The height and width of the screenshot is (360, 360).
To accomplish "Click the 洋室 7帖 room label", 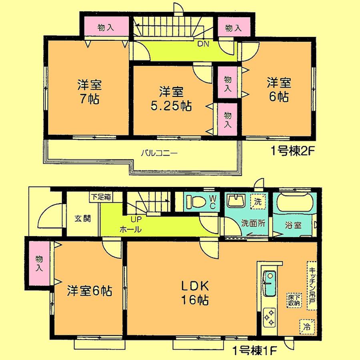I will coord(89,92).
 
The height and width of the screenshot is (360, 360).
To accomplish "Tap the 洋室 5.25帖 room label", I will coord(172,99).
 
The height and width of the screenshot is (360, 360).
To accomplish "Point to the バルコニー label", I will coord(159,153).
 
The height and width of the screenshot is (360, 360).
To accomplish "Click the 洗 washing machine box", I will coord(258,202).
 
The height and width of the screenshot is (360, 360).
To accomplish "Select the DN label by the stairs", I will coord(203,44).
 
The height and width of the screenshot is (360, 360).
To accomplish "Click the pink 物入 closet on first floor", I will coord(39,264).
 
